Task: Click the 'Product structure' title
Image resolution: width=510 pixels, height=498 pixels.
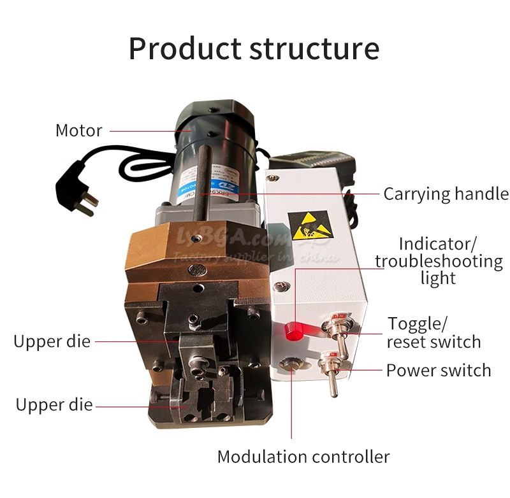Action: pyautogui.click(x=254, y=48)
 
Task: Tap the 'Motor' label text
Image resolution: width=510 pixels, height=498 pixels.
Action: pyautogui.click(x=78, y=131)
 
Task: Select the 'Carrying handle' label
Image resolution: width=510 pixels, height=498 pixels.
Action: pyautogui.click(x=446, y=194)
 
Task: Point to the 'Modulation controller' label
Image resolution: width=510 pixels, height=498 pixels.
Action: pyautogui.click(x=303, y=457)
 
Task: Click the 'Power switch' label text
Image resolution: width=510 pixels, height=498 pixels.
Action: pyautogui.click(x=439, y=370)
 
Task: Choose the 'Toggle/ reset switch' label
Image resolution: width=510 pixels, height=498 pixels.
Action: pyautogui.click(x=433, y=332)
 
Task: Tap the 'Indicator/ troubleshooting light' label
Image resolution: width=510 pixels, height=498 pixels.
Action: pyautogui.click(x=439, y=260)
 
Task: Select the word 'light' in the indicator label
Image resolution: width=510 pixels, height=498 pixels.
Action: pyautogui.click(x=439, y=278)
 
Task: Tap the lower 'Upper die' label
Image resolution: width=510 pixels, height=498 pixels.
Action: pyautogui.click(x=54, y=405)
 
